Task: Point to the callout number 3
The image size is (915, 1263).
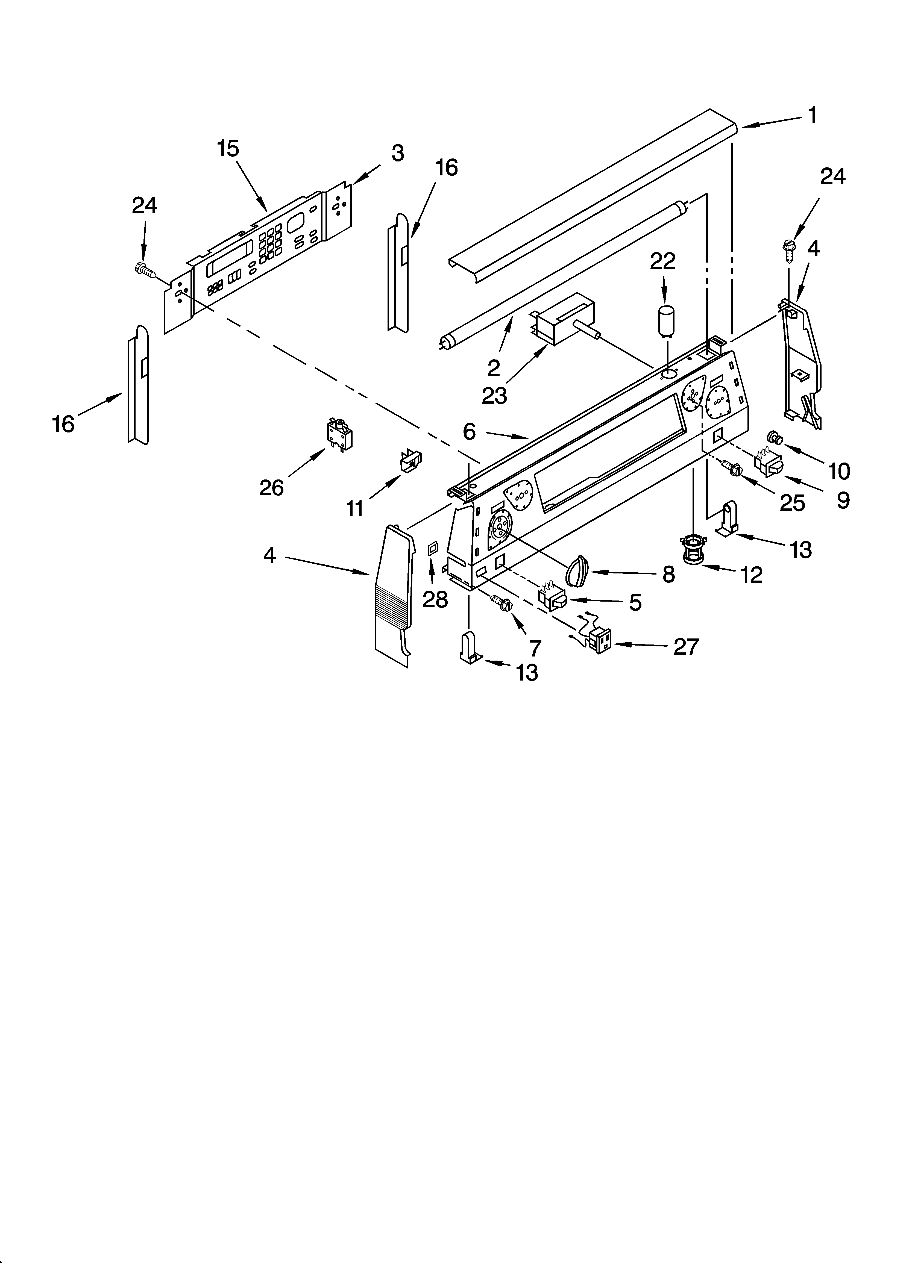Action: click(x=397, y=153)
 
